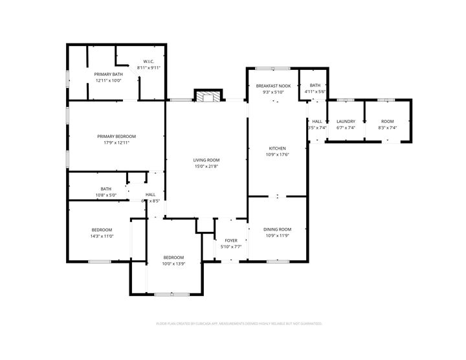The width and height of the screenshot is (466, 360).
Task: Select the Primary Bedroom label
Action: (116, 136)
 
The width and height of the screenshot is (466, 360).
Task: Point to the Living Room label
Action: (206, 160)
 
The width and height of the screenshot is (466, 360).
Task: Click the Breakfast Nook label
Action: (273, 86)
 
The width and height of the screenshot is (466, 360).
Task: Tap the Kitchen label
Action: (277, 148)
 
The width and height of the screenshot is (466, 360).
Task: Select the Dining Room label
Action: (277, 229)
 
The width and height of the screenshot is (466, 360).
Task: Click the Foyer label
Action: (230, 240)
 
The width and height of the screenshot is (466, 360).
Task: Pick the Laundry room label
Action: (346, 122)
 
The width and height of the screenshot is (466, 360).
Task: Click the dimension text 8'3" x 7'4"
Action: (387, 128)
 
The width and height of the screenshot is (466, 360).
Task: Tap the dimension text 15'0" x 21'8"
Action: (206, 166)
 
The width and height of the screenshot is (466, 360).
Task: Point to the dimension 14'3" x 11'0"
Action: (102, 236)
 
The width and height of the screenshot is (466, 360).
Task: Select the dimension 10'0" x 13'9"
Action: (173, 264)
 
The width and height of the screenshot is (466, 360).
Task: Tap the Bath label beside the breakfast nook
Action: (315, 86)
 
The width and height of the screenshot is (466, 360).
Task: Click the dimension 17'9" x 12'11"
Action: (116, 142)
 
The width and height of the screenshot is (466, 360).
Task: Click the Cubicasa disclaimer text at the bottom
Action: (239, 323)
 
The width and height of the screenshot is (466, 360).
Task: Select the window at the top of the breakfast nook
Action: (272, 68)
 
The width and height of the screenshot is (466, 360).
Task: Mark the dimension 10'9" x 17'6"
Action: (277, 155)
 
